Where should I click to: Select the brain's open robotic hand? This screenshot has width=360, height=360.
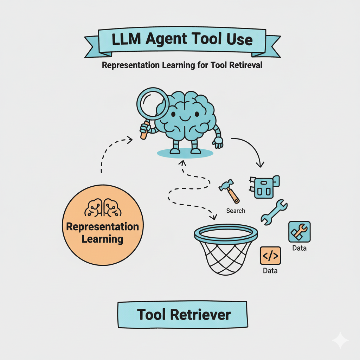218,142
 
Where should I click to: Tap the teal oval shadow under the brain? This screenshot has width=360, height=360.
185,153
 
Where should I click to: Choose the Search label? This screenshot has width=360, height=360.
236,211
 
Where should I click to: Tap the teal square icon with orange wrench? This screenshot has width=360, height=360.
299,232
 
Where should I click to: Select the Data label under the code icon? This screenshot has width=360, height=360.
270,271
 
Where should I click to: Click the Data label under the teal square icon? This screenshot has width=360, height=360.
299,248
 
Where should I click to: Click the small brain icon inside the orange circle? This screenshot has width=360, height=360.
103,208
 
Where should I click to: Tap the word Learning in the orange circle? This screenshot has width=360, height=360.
102,239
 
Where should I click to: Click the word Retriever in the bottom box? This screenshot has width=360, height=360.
201,314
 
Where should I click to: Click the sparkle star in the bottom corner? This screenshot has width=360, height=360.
340,340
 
